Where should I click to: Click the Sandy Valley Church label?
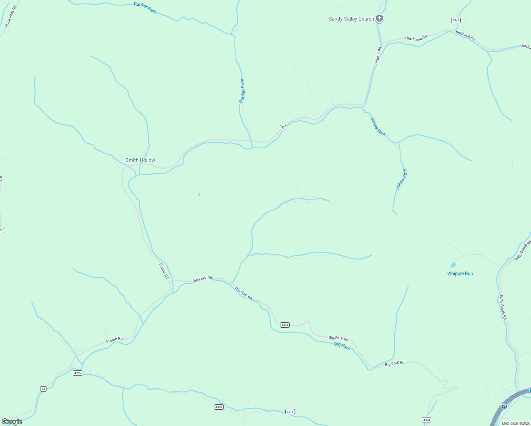pyautogui.click(x=351, y=19)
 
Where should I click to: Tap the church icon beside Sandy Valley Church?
pyautogui.click(x=379, y=18)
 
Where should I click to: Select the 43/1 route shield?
pyautogui.click(x=456, y=20)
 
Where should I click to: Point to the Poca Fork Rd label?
pyautogui.click(x=11, y=16)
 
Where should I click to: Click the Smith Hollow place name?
pyautogui.click(x=140, y=160)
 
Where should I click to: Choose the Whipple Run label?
pyautogui.click(x=460, y=273)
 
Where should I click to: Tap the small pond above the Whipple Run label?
pyautogui.click(x=453, y=265)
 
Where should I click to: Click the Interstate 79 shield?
pyautogui.click(x=504, y=405)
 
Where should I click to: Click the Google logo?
pyautogui.click(x=12, y=422)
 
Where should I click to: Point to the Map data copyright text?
pyautogui.click(x=516, y=423)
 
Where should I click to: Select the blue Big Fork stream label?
pyautogui.click(x=342, y=346)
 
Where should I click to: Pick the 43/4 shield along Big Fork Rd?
pyautogui.click(x=285, y=325)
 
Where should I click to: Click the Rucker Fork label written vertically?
pyautogui.click(x=242, y=91)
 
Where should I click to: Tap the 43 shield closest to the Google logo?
pyautogui.click(x=43, y=389)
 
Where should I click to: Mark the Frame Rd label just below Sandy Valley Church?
pyautogui.click(x=378, y=55)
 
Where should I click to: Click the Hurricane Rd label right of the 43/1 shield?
pyautogui.click(x=464, y=35)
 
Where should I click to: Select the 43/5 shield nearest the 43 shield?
pyautogui.click(x=77, y=373)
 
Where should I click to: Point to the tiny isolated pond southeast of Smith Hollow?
pyautogui.click(x=199, y=194)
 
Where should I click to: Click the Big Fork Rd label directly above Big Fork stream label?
pyautogui.click(x=338, y=338)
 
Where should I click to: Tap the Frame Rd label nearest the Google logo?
pyautogui.click(x=114, y=340)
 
